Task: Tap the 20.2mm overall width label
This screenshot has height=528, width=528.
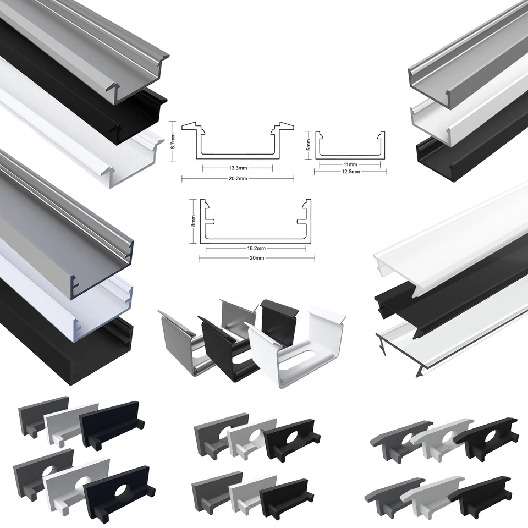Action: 238,179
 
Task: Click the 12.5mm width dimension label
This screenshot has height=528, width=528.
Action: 350,172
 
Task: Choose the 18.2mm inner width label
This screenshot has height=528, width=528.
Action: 256,248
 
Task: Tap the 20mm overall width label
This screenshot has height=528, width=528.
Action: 256,258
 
